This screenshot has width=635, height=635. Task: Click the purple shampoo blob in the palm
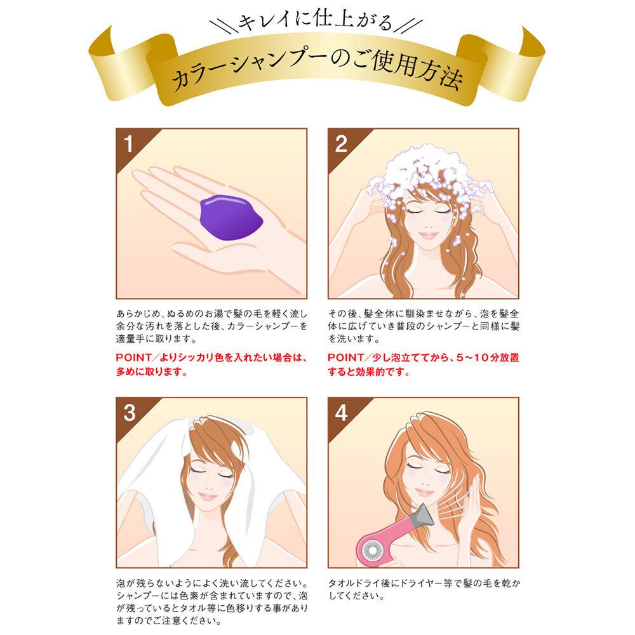(x=231, y=217)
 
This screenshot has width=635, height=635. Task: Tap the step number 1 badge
(x=129, y=144)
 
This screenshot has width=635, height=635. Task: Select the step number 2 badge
(x=341, y=144)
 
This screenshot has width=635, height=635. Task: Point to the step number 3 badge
(x=129, y=413)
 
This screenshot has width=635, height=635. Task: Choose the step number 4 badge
(x=341, y=413)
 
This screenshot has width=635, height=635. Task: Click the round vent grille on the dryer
(x=371, y=551)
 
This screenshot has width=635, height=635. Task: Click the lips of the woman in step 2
(x=428, y=235)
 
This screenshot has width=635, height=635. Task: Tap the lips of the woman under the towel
(x=208, y=496)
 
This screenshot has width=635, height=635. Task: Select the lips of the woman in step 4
(x=424, y=492)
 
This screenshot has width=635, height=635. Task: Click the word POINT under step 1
(x=133, y=358)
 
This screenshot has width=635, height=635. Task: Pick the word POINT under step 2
(x=345, y=358)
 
